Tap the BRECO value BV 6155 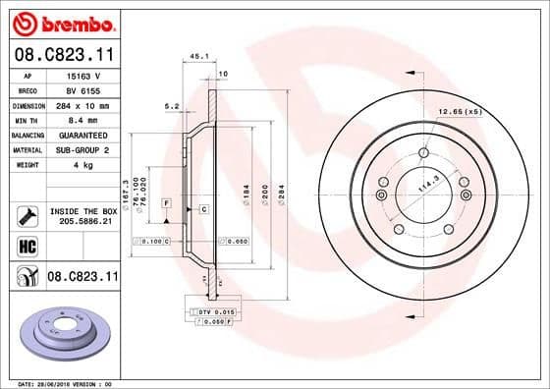[x=79, y=89]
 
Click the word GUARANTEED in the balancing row [x=79, y=135]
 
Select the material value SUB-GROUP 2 [x=79, y=149]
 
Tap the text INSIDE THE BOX [x=82, y=211]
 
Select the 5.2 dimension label [x=172, y=105]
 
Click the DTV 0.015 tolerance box [x=208, y=310]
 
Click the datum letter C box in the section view [x=202, y=209]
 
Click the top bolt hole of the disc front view [x=422, y=152]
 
